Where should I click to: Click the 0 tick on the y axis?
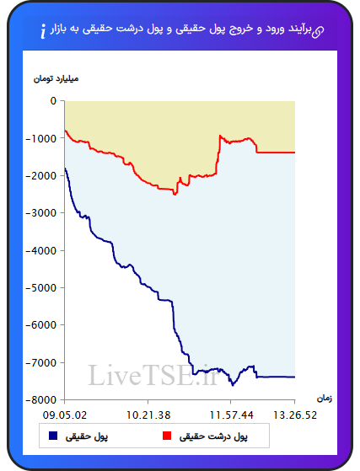(x=53, y=101)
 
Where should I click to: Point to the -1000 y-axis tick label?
(x=41, y=138)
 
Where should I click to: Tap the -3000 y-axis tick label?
(x=41, y=213)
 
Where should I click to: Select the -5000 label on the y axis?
(x=41, y=288)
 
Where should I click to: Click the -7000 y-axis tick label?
(x=41, y=362)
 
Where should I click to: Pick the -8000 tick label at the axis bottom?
(x=41, y=400)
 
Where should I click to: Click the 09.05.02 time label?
(x=65, y=415)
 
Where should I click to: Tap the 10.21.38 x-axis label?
(x=148, y=415)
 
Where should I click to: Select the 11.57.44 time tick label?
(x=231, y=415)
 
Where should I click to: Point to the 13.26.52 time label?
(x=295, y=415)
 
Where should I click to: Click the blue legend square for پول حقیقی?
(x=53, y=436)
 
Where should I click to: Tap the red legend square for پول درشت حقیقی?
(x=167, y=436)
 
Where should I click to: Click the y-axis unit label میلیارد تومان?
(x=56, y=78)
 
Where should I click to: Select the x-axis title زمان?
(x=325, y=399)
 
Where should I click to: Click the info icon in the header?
(x=43, y=31)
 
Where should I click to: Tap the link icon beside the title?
(x=318, y=31)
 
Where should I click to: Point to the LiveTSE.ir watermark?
(x=153, y=375)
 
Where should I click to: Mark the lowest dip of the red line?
(x=175, y=195)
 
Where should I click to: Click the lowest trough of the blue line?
(x=233, y=385)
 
